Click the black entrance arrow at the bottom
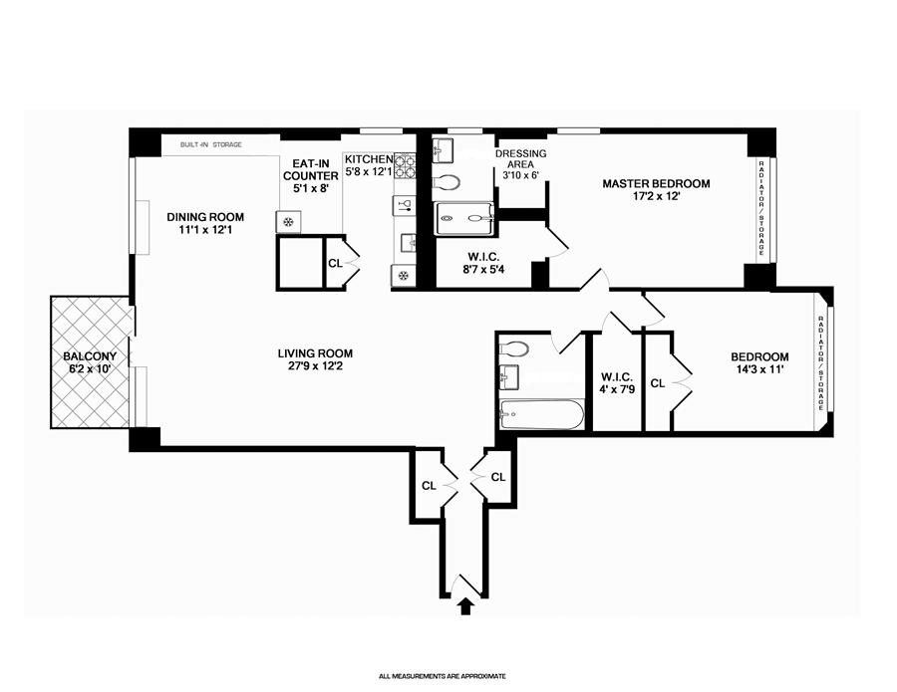(465, 605)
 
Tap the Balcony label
(90, 356)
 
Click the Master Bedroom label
(656, 184)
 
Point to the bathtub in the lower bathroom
(541, 414)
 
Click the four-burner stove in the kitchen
(405, 165)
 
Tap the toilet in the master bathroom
(447, 183)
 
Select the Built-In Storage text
(210, 145)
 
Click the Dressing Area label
(520, 159)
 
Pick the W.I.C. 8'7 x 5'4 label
(483, 263)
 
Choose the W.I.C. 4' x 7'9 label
(616, 383)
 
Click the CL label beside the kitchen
(335, 264)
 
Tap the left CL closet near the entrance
(429, 486)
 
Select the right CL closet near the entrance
(498, 477)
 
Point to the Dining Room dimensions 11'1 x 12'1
(204, 230)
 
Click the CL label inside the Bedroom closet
(658, 383)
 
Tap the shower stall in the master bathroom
(463, 218)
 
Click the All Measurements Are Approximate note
(443, 677)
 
